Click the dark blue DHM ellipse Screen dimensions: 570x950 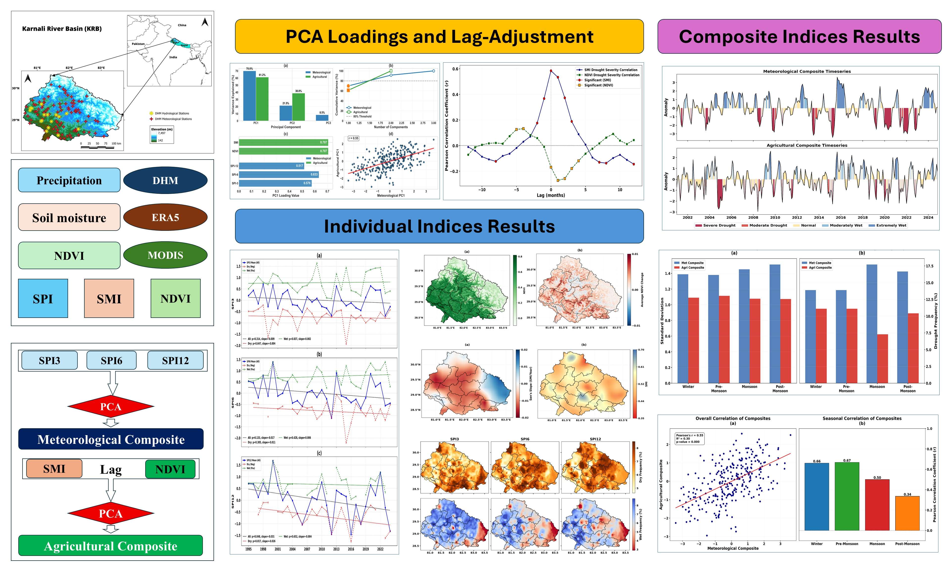pyautogui.click(x=165, y=181)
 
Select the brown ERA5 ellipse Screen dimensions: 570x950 pyautogui.click(x=165, y=217)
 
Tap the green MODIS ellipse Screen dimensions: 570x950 pyautogui.click(x=165, y=255)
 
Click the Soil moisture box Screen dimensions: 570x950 pyautogui.click(x=69, y=217)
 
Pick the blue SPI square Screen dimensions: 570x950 pyautogui.click(x=43, y=298)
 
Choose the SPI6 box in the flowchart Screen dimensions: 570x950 pyautogui.click(x=111, y=360)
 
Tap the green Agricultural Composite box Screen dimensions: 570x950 pyautogui.click(x=111, y=546)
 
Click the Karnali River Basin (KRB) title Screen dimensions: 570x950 pyautogui.click(x=62, y=29)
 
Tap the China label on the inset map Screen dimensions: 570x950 pyautogui.click(x=182, y=25)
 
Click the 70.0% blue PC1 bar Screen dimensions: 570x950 pyautogui.click(x=250, y=96)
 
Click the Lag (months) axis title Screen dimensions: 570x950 pyautogui.click(x=551, y=195)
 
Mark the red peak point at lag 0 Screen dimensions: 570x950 pyautogui.click(x=551, y=71)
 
